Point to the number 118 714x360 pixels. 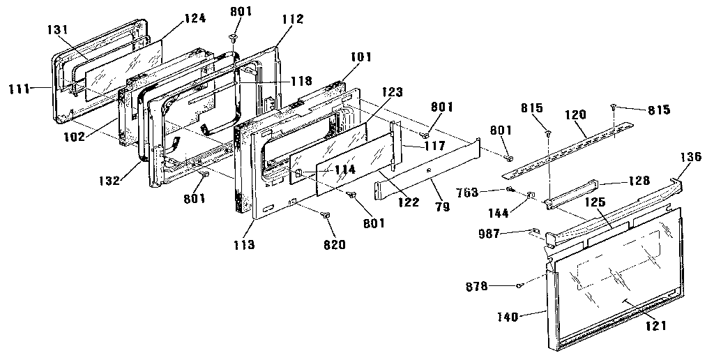[x=301, y=81]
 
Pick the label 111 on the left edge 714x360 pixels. [x=20, y=89]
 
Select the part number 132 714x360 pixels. [x=109, y=180]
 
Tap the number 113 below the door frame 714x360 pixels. [x=244, y=245]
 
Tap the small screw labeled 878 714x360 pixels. [x=521, y=285]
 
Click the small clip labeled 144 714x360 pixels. [x=530, y=196]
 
